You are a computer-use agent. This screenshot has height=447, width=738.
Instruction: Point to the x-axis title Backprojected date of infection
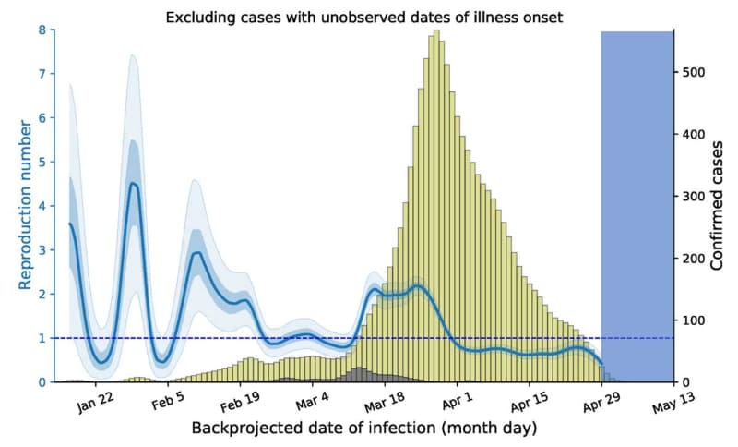[363, 429]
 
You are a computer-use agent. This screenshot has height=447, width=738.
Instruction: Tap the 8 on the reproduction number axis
[42, 30]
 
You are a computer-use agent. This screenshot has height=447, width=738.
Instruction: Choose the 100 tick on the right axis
[694, 320]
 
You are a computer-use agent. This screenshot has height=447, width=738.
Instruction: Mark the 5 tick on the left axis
[42, 163]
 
